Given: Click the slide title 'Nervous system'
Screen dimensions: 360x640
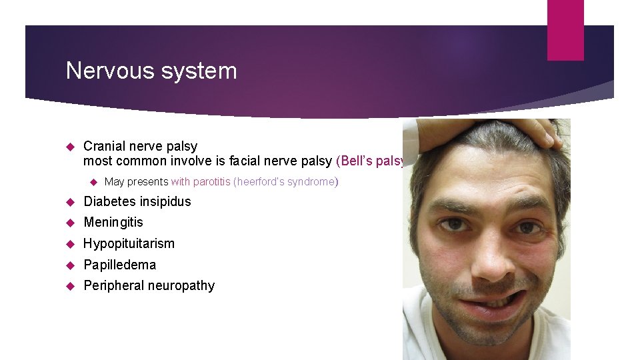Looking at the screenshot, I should point(151,71).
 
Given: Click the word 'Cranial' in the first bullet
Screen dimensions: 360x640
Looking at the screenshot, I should point(104,146).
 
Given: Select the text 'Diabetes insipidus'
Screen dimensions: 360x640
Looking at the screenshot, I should point(137,201).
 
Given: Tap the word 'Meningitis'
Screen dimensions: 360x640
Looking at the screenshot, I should point(113,222).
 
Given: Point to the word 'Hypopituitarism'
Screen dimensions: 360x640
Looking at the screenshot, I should point(129,243).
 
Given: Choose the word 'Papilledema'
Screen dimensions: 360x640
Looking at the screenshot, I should point(119,265).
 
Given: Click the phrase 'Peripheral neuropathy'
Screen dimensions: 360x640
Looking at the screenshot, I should point(149,285).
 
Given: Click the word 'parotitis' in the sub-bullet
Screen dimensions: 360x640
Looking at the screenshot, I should point(212,181).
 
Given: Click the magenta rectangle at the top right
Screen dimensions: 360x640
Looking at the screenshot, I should point(565,29).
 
